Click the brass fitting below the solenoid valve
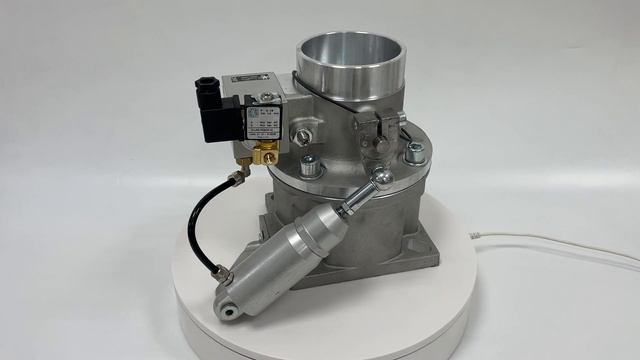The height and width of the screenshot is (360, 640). (x=265, y=152)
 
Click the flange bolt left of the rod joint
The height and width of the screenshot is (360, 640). (x=310, y=165)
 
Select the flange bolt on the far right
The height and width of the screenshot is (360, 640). (x=415, y=152)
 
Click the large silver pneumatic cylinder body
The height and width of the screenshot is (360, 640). (x=290, y=255)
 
